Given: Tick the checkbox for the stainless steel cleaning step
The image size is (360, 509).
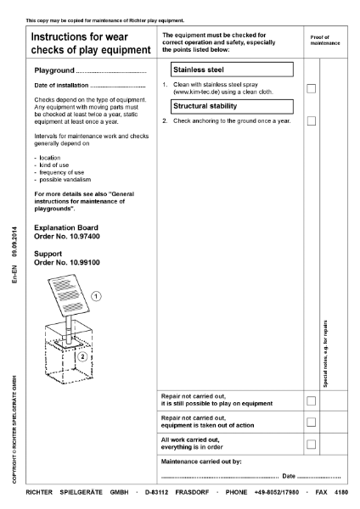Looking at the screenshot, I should [312, 88].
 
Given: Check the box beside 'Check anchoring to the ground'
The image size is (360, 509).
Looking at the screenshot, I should [312, 121].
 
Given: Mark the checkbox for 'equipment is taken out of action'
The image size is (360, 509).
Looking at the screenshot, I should [312, 422].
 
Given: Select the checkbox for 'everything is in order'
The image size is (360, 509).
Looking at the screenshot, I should [312, 444].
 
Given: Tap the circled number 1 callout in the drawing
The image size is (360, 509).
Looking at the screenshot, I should [97, 296].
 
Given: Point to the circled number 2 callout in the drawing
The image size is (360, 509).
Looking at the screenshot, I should [82, 356].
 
